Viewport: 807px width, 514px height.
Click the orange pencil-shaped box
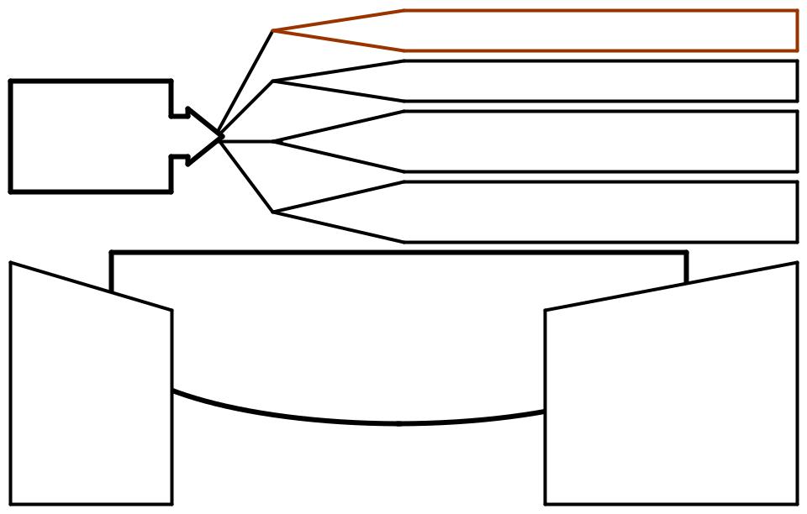(x=588, y=30)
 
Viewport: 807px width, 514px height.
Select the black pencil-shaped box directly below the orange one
(x=588, y=81)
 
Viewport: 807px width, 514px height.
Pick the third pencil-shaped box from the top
(x=588, y=141)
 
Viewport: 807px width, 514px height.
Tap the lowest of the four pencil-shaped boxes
(x=588, y=212)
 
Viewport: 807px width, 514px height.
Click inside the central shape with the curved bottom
(x=361, y=336)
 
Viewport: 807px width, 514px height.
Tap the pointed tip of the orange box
(x=274, y=31)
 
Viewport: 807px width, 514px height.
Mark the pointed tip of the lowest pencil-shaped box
(x=275, y=212)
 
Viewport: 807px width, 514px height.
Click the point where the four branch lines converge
(x=220, y=135)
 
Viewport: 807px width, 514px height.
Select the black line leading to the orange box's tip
(x=247, y=83)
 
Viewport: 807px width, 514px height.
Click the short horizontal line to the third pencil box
(x=248, y=139)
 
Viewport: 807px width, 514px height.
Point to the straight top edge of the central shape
(x=399, y=252)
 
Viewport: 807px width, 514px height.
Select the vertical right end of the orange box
(x=797, y=30)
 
